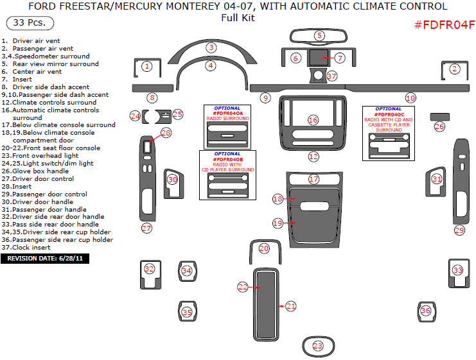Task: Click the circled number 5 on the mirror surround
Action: [319, 35]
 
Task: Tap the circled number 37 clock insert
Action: [331, 76]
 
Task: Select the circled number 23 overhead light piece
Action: [318, 346]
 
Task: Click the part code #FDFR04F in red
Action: [444, 25]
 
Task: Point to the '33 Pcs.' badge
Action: [30, 23]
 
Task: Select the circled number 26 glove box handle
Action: [439, 126]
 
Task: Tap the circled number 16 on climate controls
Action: [313, 120]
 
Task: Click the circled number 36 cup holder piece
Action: [425, 311]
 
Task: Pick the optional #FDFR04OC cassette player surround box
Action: [389, 132]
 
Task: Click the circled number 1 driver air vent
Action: [146, 66]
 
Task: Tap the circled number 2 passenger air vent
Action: [454, 69]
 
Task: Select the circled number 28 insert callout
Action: [166, 133]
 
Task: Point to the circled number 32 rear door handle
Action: [149, 269]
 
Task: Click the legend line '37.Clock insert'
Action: [30, 248]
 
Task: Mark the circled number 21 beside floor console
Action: [291, 306]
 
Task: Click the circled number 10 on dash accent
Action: [410, 98]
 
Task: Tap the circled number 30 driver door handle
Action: [172, 180]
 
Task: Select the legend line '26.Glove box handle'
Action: [37, 171]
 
